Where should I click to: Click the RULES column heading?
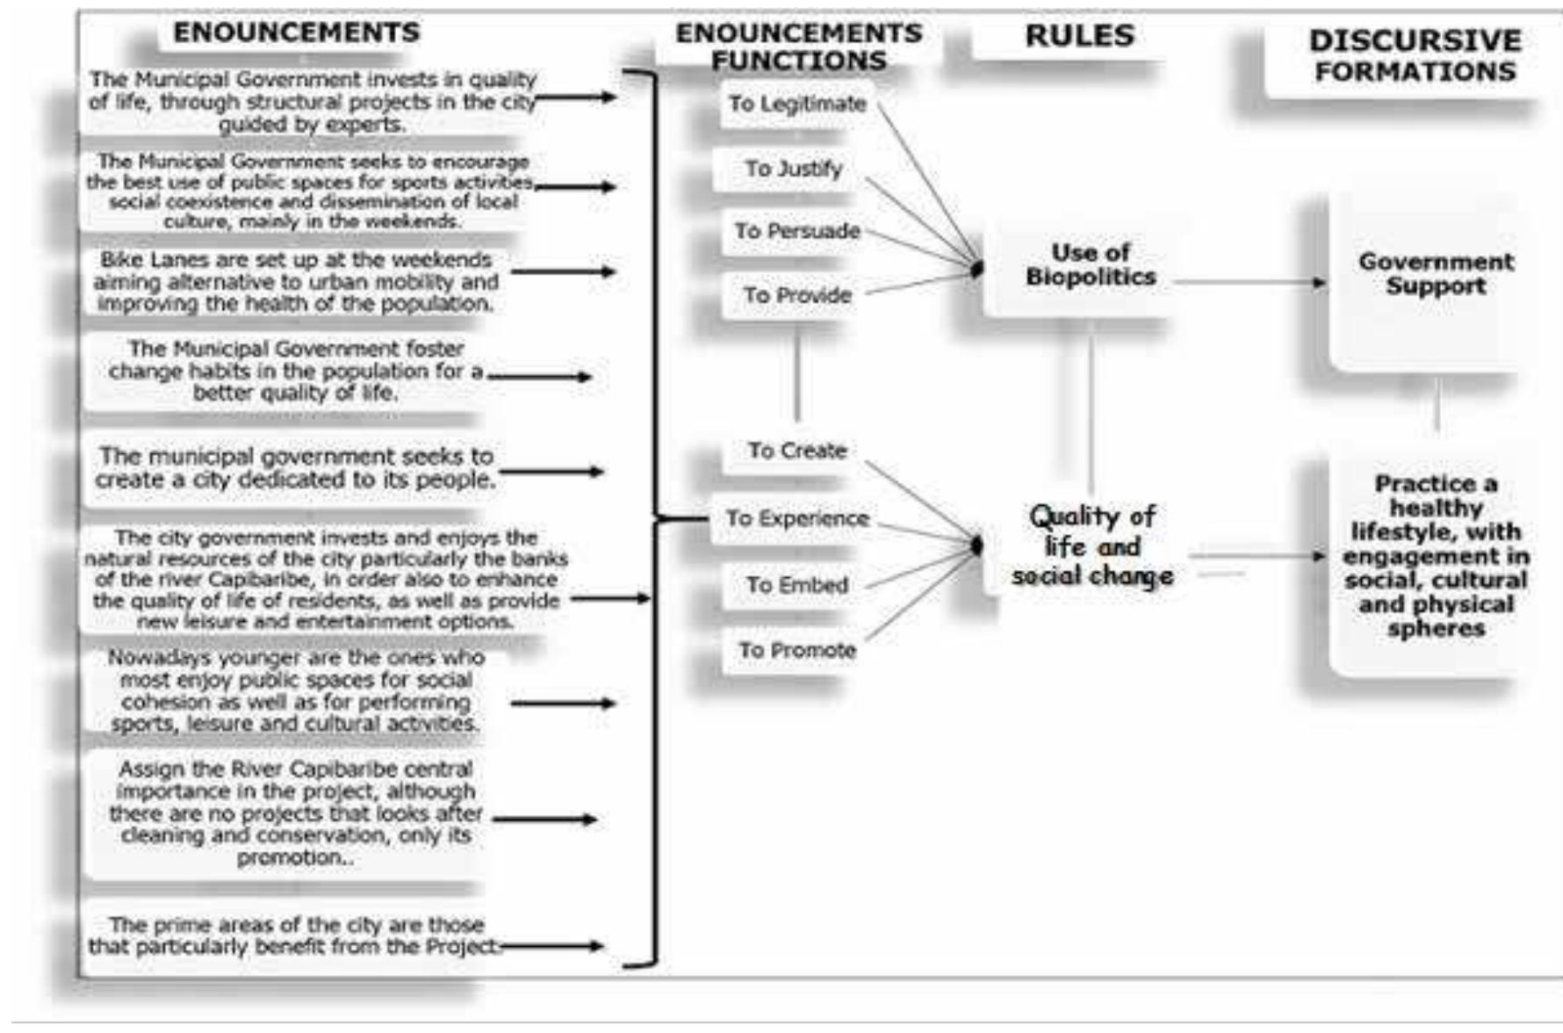[x=1079, y=36]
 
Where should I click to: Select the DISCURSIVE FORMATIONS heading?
[x=1415, y=55]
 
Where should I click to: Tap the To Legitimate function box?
[x=796, y=104]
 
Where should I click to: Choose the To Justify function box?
[x=793, y=168]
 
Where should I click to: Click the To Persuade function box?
[x=796, y=231]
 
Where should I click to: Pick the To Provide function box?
[x=796, y=295]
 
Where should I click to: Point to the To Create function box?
[x=796, y=451]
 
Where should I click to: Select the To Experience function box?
[x=796, y=518]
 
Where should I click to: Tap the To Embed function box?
[x=796, y=585]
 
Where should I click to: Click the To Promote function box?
[x=796, y=651]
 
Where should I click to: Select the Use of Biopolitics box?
[x=1090, y=265]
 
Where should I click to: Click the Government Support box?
[x=1435, y=274]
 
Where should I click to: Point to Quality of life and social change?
[x=1091, y=545]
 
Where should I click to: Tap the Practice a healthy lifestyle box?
[x=1435, y=556]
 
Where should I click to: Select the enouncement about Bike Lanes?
[x=295, y=282]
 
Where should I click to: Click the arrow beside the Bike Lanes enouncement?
[x=563, y=271]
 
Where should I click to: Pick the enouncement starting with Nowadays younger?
[x=295, y=691]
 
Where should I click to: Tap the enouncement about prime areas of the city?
[x=295, y=935]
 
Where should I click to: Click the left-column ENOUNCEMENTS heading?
[x=296, y=33]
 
